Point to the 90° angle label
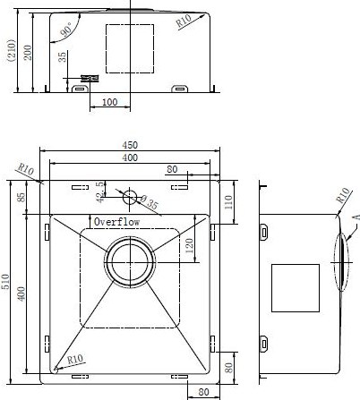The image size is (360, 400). tap(66, 32)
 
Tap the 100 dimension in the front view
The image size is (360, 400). tap(109, 102)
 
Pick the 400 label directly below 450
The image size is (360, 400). tap(131, 158)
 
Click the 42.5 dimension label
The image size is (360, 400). tap(100, 190)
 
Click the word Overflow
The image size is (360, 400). tap(116, 221)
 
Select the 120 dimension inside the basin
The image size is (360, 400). tap(188, 246)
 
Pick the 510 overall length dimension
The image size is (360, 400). tap(6, 284)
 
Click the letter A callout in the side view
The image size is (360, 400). tap(355, 217)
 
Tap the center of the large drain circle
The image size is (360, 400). tap(131, 263)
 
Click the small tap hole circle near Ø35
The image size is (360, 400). tap(131, 195)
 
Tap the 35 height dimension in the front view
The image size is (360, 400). tap(63, 56)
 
